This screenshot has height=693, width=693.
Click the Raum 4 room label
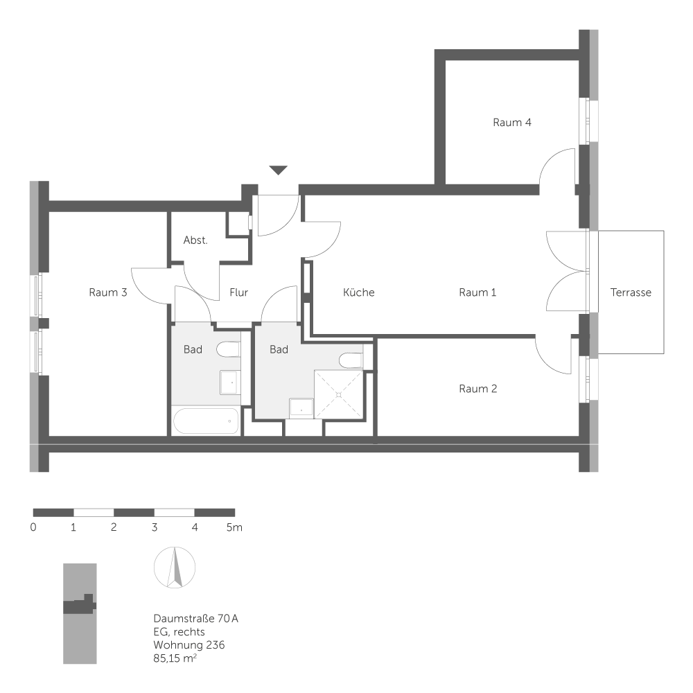pyautogui.click(x=512, y=123)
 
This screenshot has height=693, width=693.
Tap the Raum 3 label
pyautogui.click(x=107, y=292)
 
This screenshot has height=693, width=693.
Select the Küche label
pyautogui.click(x=358, y=292)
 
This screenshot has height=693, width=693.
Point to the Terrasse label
pyautogui.click(x=631, y=292)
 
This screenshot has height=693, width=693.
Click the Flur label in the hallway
pyautogui.click(x=238, y=292)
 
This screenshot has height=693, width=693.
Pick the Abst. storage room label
pyautogui.click(x=195, y=240)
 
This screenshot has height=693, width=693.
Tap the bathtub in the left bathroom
pyautogui.click(x=205, y=421)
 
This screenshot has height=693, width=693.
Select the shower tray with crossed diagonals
pyautogui.click(x=339, y=394)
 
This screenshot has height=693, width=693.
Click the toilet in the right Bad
pyautogui.click(x=351, y=360)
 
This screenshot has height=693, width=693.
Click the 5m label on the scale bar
pyautogui.click(x=234, y=528)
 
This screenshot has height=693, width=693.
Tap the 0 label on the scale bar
pyautogui.click(x=33, y=528)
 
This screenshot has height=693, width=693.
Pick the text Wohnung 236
pyautogui.click(x=188, y=645)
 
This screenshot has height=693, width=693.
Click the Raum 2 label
pyautogui.click(x=477, y=389)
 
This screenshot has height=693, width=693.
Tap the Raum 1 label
pyautogui.click(x=477, y=292)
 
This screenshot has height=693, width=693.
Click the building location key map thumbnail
pyautogui.click(x=80, y=613)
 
